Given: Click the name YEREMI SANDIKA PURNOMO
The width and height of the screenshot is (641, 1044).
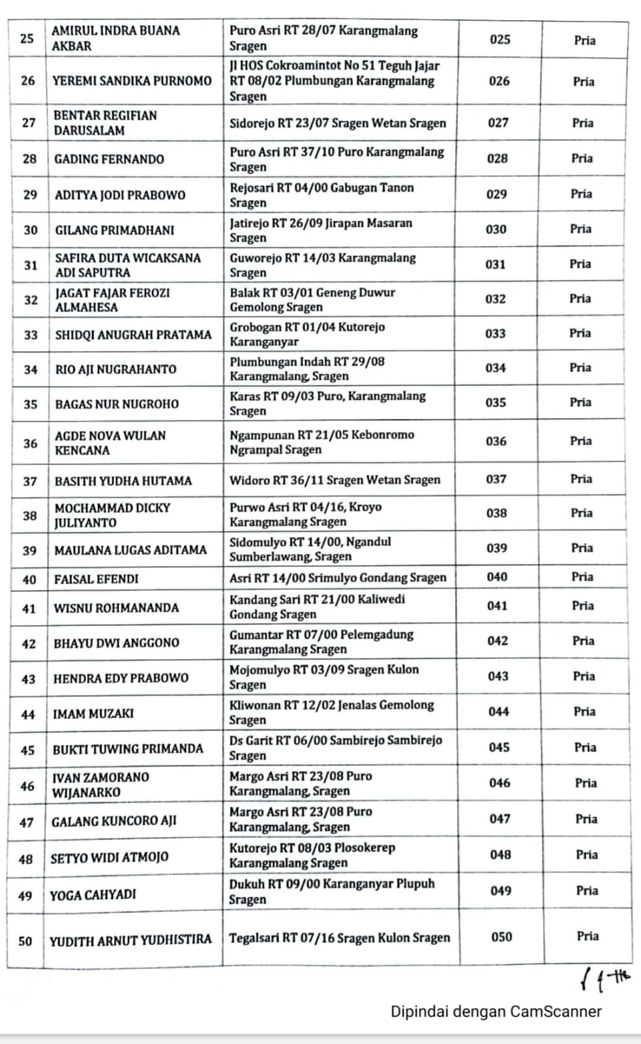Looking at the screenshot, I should tap(132, 81).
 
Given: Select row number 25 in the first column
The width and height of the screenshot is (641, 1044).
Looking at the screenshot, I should tap(27, 38).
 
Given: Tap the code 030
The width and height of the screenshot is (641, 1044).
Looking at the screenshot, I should tap(496, 229).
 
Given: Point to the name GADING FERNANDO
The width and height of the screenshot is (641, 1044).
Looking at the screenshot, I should tap(109, 159).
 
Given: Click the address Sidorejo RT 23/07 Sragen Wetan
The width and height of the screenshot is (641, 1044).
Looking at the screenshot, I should tap(338, 123).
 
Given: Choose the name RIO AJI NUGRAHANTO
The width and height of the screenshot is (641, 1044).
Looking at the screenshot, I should tap(115, 369).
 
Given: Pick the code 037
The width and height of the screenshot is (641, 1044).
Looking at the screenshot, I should tap(496, 479).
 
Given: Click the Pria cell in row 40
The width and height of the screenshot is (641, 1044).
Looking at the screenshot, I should tap(582, 577).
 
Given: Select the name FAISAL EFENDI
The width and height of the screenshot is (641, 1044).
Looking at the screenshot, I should tap(97, 579).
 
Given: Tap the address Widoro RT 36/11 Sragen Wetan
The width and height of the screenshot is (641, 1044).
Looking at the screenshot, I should tap(335, 480).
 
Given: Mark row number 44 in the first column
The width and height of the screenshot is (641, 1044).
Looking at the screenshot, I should tap(28, 714).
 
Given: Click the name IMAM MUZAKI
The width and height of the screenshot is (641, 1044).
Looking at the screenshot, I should tap(93, 714).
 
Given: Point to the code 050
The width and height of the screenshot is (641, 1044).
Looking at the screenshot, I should tap(501, 937).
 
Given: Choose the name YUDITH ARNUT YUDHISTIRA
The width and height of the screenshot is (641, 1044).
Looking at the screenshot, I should tap(130, 940).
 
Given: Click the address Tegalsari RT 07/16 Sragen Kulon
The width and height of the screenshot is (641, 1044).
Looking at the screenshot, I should tap(339, 938).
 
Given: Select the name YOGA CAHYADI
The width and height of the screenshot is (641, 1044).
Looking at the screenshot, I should tap(93, 895).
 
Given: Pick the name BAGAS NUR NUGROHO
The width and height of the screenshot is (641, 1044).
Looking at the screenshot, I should tap(117, 404).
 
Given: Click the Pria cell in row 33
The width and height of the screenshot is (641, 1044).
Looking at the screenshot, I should tap(580, 333).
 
